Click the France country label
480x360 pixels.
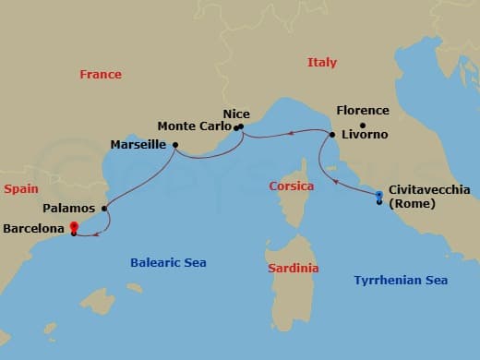pyautogui.click(x=101, y=75)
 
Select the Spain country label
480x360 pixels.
pyautogui.click(x=20, y=188)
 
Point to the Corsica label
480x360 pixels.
pyautogui.click(x=291, y=186)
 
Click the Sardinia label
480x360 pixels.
pyautogui.click(x=293, y=269)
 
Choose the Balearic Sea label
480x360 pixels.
pyautogui.click(x=167, y=263)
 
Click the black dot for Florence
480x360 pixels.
pyautogui.click(x=363, y=126)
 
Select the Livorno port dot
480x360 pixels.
pyautogui.click(x=331, y=136)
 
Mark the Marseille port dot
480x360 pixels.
pyautogui.click(x=174, y=145)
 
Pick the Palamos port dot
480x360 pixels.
pyautogui.click(x=104, y=209)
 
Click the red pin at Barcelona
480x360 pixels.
pyautogui.click(x=73, y=227)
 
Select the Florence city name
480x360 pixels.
pyautogui.click(x=363, y=111)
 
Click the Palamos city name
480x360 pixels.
pyautogui.click(x=69, y=210)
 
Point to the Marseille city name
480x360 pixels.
pyautogui.click(x=138, y=146)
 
